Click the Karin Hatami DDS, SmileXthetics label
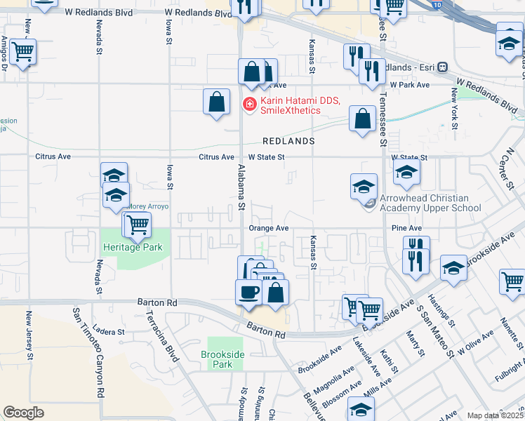[x=300, y=105]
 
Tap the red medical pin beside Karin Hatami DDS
[x=248, y=105]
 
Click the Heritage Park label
[x=133, y=247]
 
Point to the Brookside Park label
[x=222, y=359]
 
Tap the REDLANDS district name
[x=288, y=141]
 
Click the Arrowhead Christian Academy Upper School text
[x=430, y=203]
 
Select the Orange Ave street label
[x=269, y=228]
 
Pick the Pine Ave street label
[x=406, y=228]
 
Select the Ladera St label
[x=109, y=332]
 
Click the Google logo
[x=23, y=413]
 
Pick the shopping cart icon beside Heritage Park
[x=138, y=225]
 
